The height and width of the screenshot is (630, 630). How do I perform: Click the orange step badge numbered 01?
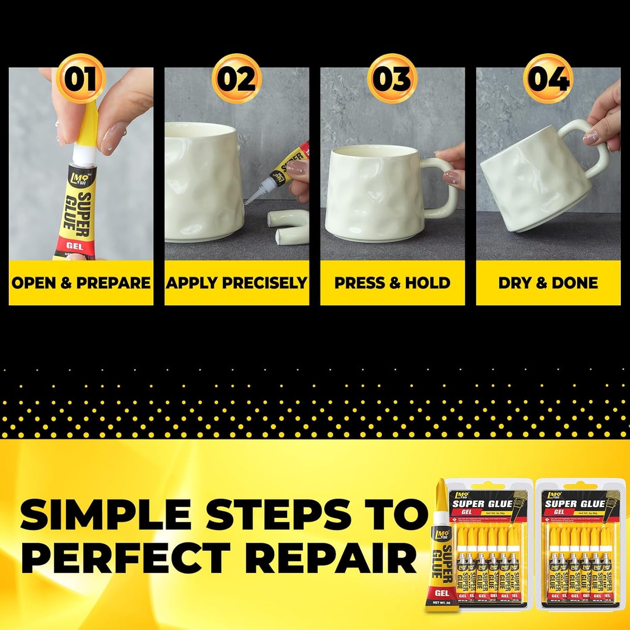(x=81, y=79)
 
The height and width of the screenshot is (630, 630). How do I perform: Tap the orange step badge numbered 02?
(x=236, y=79)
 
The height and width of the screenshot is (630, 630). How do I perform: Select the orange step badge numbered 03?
(x=392, y=79)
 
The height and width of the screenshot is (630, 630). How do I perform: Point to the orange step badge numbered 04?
(x=548, y=79)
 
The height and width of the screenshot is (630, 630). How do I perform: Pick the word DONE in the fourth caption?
(x=575, y=283)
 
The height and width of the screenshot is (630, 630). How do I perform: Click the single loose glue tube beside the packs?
(x=441, y=549)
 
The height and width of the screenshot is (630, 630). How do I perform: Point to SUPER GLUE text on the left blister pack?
(x=483, y=504)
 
